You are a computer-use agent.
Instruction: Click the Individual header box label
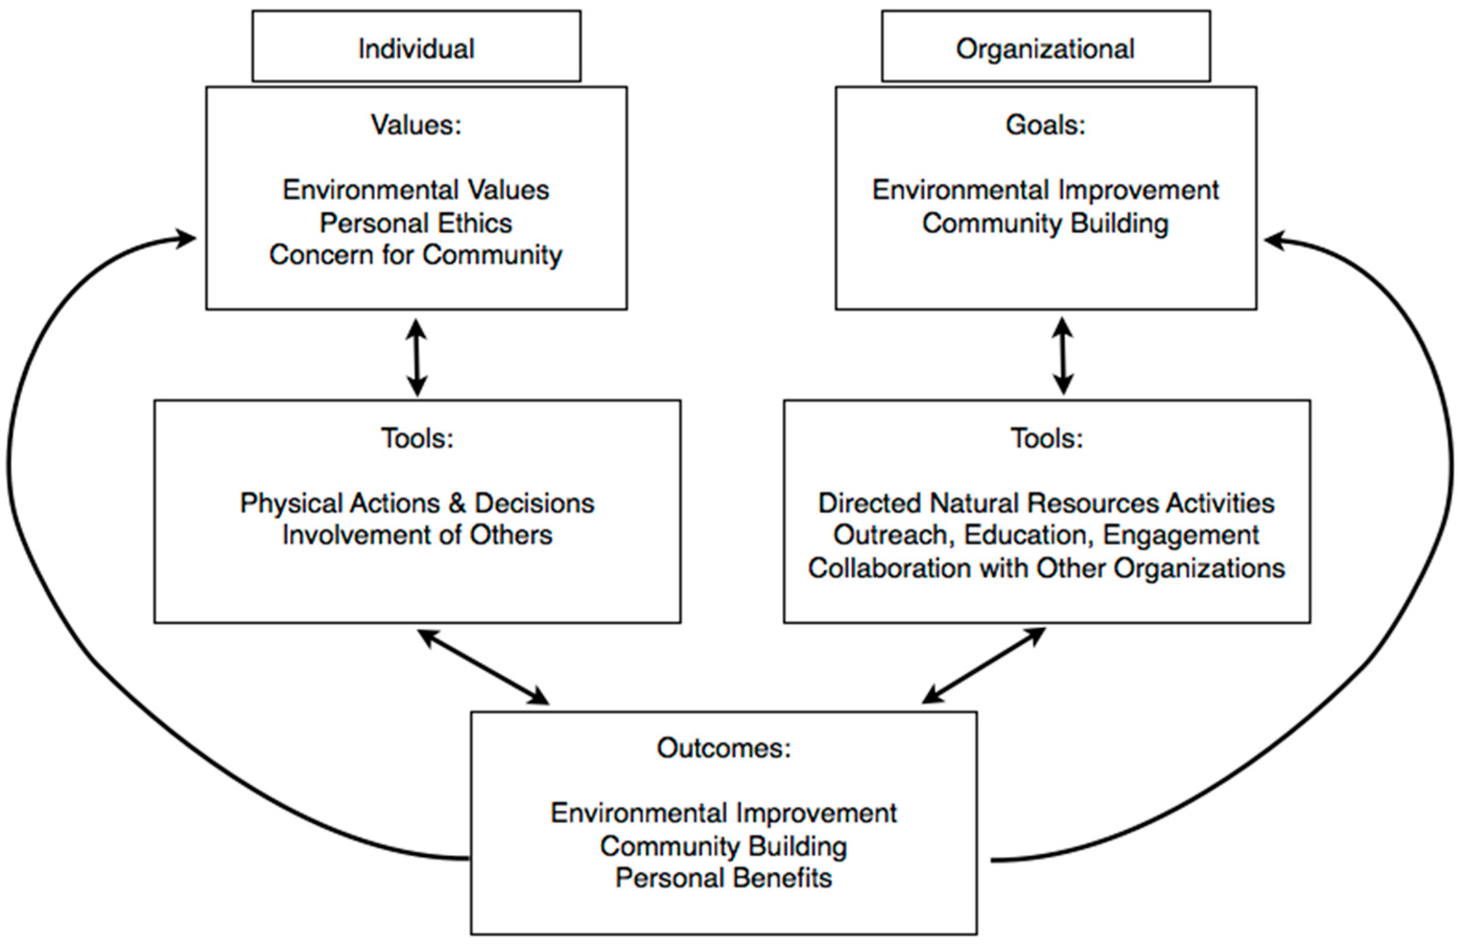tap(416, 49)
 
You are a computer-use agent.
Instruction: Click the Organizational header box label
tap(1045, 49)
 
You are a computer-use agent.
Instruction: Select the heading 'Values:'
tap(416, 125)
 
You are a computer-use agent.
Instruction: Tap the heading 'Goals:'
tap(1045, 125)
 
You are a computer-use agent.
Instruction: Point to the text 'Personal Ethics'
tap(416, 223)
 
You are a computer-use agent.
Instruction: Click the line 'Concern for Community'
tap(416, 255)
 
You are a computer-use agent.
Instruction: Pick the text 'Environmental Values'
tap(416, 190)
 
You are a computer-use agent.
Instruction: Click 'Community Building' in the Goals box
tap(1045, 223)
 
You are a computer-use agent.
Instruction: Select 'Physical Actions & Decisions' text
tap(417, 503)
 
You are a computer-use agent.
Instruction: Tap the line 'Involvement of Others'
tap(417, 535)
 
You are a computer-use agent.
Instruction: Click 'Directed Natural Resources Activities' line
tap(1046, 503)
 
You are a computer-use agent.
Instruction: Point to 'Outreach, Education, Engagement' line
tap(1046, 535)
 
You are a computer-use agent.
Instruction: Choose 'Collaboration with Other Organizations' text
tap(1046, 568)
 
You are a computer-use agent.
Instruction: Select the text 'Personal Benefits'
tap(724, 878)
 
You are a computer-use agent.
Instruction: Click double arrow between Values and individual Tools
tap(417, 357)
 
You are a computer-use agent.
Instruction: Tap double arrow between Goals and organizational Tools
tap(1063, 356)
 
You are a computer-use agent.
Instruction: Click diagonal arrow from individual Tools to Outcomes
tap(483, 667)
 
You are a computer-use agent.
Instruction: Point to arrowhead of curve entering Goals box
tap(1274, 241)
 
